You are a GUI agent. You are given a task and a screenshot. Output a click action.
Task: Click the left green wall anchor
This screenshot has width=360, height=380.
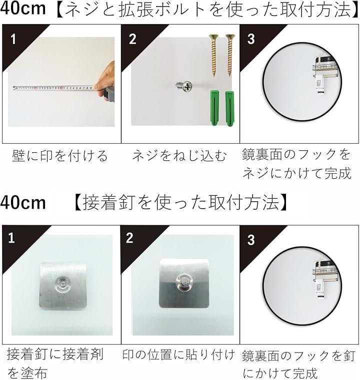click(214, 108)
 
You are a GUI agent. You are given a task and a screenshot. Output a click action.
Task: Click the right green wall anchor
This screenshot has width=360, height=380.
click(229, 108)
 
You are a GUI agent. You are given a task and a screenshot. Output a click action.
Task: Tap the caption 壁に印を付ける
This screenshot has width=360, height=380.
click(59, 156)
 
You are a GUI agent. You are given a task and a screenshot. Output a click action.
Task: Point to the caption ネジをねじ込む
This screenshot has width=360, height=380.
click(179, 156)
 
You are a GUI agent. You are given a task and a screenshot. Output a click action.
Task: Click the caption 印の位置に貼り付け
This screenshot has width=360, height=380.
click(179, 355)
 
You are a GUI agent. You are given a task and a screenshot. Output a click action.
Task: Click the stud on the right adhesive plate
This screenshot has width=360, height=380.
click(184, 282)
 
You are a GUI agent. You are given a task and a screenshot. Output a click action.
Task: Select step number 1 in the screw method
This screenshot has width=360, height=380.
click(13, 39)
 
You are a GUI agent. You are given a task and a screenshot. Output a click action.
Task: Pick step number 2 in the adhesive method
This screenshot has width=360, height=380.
click(130, 238)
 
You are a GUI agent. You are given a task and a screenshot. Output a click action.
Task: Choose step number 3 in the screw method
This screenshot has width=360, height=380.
click(251, 39)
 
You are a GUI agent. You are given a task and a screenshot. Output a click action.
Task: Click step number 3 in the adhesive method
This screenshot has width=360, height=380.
click(251, 240)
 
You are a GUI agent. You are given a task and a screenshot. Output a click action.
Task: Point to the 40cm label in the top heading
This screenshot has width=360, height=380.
click(23, 8)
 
